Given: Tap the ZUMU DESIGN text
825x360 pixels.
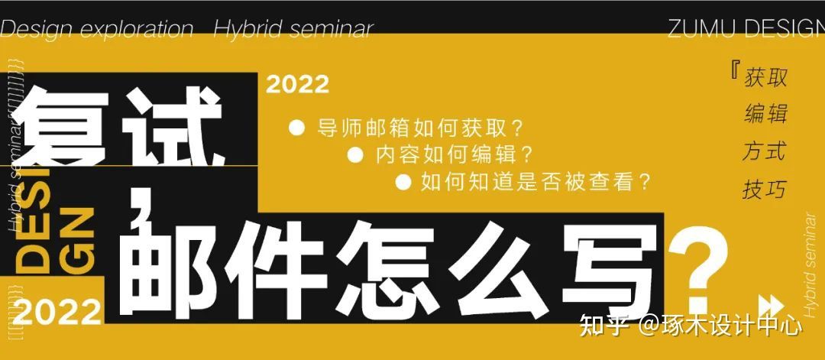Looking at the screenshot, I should pyautogui.click(x=746, y=28).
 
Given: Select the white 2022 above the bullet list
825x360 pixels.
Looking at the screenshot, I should pyautogui.click(x=297, y=84).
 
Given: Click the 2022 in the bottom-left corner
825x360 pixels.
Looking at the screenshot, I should pyautogui.click(x=57, y=311).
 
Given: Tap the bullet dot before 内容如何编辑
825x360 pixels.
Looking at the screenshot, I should pyautogui.click(x=354, y=155).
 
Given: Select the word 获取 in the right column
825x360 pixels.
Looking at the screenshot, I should pyautogui.click(x=765, y=77).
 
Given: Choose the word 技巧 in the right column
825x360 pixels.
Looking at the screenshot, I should pyautogui.click(x=764, y=188).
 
